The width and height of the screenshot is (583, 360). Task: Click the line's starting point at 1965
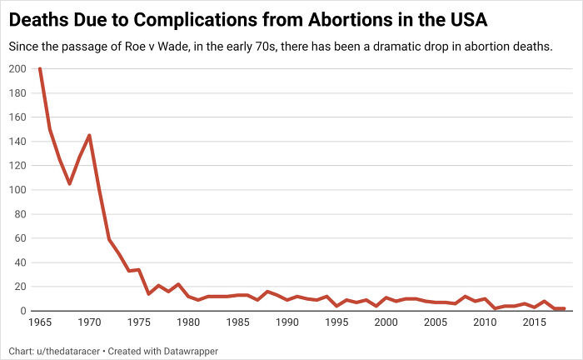pyautogui.click(x=40, y=69)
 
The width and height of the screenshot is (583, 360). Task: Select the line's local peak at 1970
pyautogui.click(x=89, y=135)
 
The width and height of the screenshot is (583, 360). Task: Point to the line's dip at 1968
pyautogui.click(x=69, y=183)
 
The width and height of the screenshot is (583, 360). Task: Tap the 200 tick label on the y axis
pyautogui.click(x=17, y=69)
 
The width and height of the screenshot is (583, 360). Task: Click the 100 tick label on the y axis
pyautogui.click(x=17, y=190)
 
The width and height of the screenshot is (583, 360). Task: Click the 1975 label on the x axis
pyautogui.click(x=138, y=322)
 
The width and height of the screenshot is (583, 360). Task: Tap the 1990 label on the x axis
pyautogui.click(x=287, y=322)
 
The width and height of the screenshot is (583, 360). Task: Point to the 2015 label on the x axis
pyautogui.click(x=535, y=322)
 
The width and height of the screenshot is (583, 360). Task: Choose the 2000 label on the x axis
pyautogui.click(x=386, y=322)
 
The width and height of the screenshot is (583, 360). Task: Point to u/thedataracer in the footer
pyautogui.click(x=69, y=350)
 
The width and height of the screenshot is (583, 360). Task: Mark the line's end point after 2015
pyautogui.click(x=564, y=308)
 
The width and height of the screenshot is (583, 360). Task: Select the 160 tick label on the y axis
pyautogui.click(x=17, y=117)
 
